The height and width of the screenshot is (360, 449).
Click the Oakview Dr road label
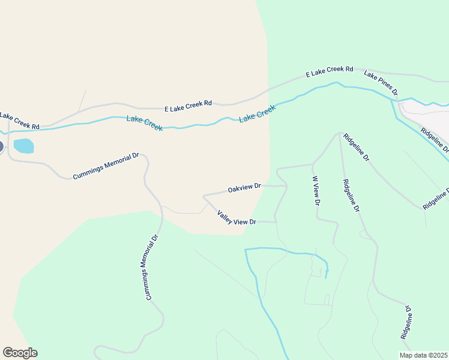click(244, 188)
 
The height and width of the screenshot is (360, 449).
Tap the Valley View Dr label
click(237, 217)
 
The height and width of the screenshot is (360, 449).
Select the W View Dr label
click(315, 191)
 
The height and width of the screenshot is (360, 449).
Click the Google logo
click(20, 353)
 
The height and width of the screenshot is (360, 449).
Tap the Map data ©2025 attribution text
click(423, 355)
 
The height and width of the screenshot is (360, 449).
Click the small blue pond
click(23, 146)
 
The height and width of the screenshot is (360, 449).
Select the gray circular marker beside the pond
click(1, 146)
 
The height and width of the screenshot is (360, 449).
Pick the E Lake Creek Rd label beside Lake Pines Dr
click(329, 72)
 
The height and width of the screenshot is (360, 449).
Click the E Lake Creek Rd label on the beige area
click(188, 106)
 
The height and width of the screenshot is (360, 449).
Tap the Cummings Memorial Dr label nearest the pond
click(106, 166)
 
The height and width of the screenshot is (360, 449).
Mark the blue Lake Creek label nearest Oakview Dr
click(258, 113)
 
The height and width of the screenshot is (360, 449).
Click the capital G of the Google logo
click(8, 353)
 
